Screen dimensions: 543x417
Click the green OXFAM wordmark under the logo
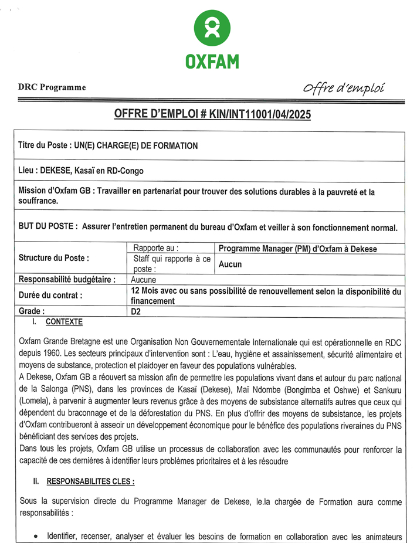212,61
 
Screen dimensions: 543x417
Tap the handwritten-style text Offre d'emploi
344,88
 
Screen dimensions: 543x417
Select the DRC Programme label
52,88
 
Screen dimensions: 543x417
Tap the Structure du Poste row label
54,258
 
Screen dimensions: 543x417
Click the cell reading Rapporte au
156,249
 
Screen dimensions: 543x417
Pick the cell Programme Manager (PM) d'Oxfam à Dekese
297,249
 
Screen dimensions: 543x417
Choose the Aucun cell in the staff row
230,264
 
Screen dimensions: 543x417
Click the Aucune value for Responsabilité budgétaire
144,280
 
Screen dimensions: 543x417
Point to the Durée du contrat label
51,296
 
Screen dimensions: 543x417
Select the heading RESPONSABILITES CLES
90,481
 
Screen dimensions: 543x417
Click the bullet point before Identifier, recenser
38,535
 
